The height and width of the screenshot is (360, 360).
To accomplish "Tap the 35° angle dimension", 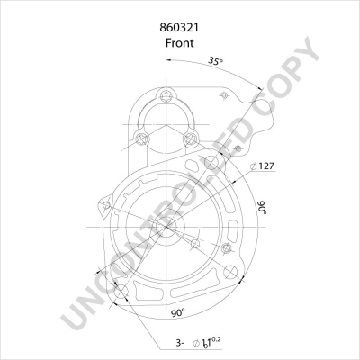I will tap(215, 61).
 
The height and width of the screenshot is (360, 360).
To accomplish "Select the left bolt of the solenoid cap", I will tap(140, 138).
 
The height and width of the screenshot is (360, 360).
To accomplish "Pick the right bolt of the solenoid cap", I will tap(191, 138).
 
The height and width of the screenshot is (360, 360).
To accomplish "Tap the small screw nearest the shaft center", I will tap(194, 241).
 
